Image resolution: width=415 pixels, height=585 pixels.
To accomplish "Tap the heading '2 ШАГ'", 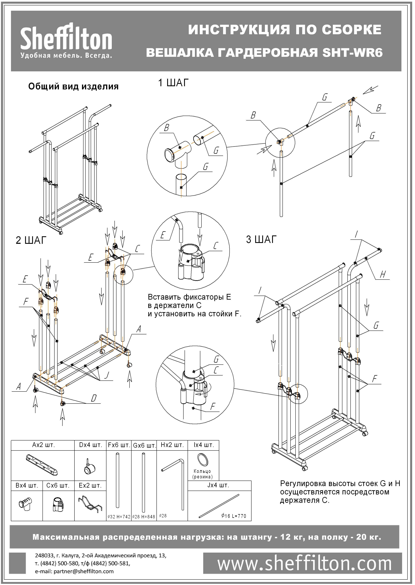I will pyautogui.click(x=31, y=240).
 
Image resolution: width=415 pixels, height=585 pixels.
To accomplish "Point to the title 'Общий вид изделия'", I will pyautogui.click(x=73, y=87).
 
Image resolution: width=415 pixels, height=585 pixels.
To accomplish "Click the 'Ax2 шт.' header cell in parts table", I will pyautogui.click(x=44, y=445).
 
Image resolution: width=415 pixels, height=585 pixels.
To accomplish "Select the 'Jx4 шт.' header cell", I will pyautogui.click(x=218, y=485).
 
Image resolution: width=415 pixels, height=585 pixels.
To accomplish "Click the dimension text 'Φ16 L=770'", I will pyautogui.click(x=234, y=516).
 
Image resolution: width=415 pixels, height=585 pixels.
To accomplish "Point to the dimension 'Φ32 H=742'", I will pyautogui.click(x=119, y=517).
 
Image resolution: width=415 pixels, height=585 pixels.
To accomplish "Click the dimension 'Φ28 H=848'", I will pyautogui.click(x=144, y=517).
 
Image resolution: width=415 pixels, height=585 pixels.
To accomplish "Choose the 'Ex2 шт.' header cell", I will pyautogui.click(x=90, y=486).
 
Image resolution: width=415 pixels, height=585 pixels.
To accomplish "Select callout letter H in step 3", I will pyautogui.click(x=383, y=275).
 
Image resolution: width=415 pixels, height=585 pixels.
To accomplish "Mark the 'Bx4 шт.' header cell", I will pyautogui.click(x=27, y=486).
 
